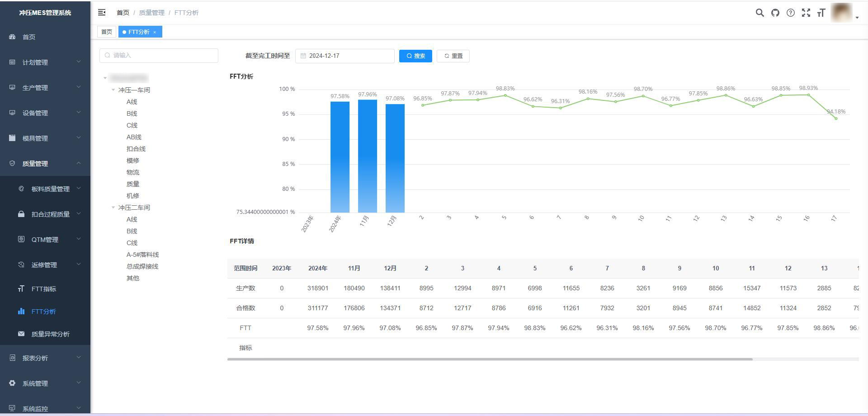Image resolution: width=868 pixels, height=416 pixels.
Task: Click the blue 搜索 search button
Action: [415, 56]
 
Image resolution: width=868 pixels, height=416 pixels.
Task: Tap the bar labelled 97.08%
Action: [395, 158]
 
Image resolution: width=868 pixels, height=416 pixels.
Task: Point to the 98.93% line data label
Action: [808, 88]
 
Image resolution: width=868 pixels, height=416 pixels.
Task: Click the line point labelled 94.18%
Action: [836, 118]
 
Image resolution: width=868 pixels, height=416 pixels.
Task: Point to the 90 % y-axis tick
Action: [288, 139]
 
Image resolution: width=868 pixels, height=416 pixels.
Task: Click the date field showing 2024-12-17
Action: [345, 56]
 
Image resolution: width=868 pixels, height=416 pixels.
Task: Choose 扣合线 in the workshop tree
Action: [136, 149]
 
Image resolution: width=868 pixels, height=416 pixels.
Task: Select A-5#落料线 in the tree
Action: [143, 255]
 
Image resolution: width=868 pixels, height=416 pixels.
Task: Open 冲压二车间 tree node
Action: [134, 208]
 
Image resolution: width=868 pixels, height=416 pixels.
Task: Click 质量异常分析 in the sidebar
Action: [50, 334]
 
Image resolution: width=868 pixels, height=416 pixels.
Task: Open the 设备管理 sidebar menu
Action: [35, 113]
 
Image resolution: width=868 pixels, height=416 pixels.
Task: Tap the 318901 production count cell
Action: [318, 288]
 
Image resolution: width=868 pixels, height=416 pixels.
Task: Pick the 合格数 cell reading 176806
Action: [354, 308]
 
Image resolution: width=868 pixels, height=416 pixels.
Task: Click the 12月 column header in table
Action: [390, 268]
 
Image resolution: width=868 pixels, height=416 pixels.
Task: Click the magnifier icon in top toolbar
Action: [760, 13]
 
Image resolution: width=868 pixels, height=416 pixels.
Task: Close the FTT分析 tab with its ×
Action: [155, 32]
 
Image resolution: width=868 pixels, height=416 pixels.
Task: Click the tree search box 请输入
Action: [159, 56]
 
